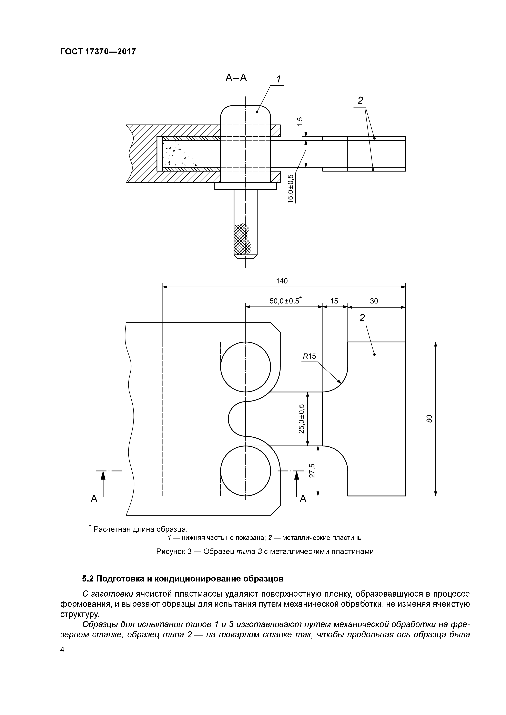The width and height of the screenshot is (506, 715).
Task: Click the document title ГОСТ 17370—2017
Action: [x=98, y=51]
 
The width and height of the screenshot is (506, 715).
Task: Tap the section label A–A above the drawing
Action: [x=236, y=78]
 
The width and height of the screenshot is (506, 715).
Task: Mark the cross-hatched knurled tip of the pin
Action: [x=242, y=239]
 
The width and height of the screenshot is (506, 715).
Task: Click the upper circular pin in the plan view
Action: [x=245, y=367]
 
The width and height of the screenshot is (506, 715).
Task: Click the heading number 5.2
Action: [x=88, y=579]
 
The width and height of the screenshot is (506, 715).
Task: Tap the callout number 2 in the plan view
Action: [x=362, y=318]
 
